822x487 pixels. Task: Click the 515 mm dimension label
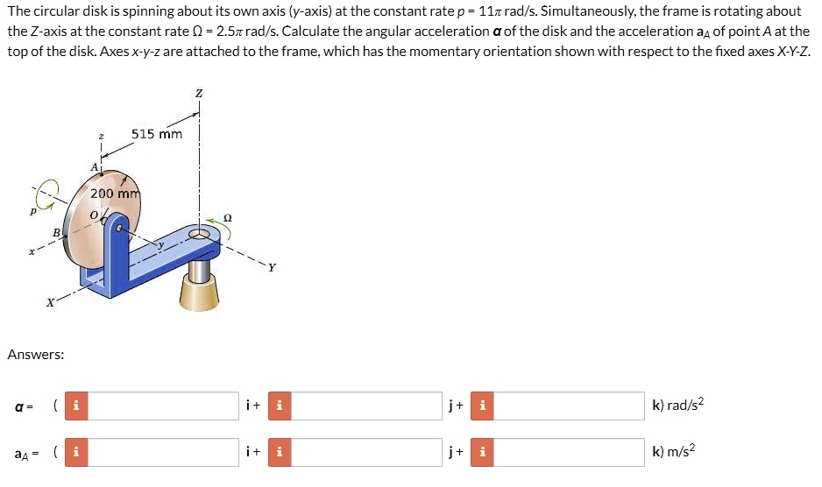pos(157,134)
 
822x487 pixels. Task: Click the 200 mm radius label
pos(116,193)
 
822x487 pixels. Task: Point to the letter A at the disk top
pos(94,166)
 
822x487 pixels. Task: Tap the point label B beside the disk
pos(56,232)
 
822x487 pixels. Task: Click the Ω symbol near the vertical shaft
pos(228,217)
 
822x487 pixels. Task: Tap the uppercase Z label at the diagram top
pos(199,94)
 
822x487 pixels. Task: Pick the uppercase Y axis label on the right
pos(273,268)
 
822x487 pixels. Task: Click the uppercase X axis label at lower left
pos(51,303)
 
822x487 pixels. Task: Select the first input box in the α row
pos(164,406)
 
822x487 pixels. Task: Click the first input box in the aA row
pos(164,453)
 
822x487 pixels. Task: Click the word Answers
pos(35,355)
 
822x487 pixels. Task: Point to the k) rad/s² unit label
pos(677,405)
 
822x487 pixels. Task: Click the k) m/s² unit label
pos(674,452)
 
